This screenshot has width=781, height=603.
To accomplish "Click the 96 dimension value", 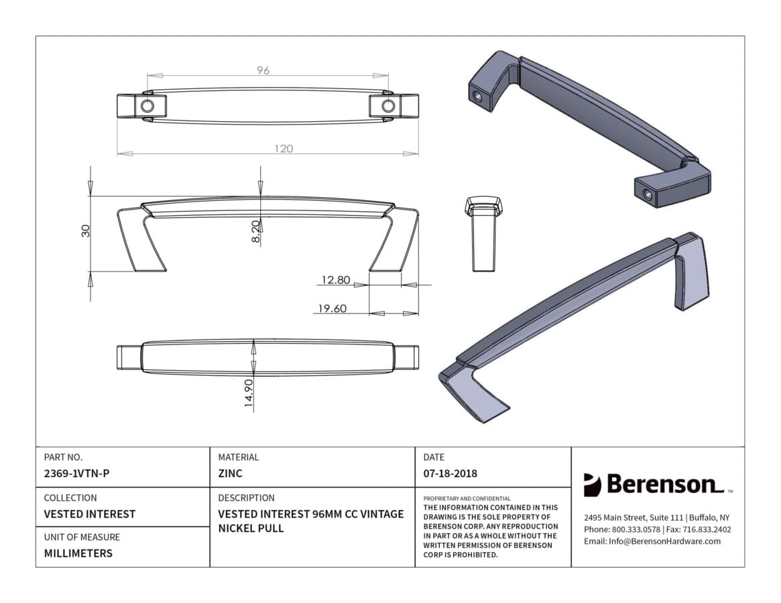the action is pos(263,70).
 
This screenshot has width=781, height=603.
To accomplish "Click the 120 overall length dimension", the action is pos(284,148).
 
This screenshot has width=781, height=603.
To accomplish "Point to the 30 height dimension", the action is pos(86,230).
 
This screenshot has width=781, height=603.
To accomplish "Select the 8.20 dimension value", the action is pos(255,232).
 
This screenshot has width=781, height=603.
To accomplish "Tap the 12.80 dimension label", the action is pos(336,280).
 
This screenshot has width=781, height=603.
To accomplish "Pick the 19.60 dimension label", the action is pos(333,308).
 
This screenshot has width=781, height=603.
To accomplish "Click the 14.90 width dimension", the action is pos(249,393).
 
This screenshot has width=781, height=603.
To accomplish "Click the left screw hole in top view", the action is pos(147,106).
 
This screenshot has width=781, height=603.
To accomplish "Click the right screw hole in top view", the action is pos(388,106).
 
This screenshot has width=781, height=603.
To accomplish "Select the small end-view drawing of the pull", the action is pos(483,234).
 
